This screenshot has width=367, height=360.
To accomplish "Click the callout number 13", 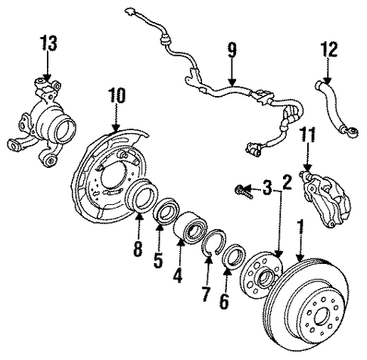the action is (48, 43).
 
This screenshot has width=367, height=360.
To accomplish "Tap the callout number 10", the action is (117, 96).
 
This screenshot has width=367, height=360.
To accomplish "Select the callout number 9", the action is (232, 50).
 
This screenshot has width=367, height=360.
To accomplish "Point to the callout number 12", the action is (328, 49).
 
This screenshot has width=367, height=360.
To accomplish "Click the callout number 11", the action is (307, 135).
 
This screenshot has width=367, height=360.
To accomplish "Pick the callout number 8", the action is (138, 249).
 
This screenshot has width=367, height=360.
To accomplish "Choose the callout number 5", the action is (158, 259).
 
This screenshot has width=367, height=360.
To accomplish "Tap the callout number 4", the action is (178, 275).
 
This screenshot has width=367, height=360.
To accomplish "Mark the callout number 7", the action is (206, 294).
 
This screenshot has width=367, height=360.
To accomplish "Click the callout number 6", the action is (224, 301).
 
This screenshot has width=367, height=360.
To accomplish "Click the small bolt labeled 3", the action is (244, 191).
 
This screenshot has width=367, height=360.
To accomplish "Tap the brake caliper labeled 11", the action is (325, 199).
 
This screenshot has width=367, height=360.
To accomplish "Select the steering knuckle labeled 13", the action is (42, 123).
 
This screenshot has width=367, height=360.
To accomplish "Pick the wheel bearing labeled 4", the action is (191, 228).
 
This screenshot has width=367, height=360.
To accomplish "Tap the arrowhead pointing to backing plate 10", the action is (116, 128).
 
